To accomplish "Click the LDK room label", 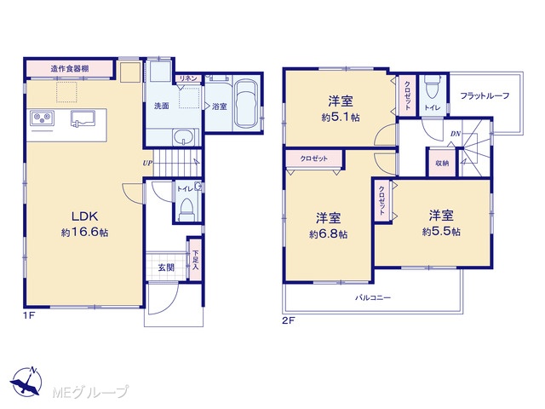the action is point(85,216).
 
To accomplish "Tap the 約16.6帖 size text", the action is point(85,233).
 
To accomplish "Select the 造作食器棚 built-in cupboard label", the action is point(70,69).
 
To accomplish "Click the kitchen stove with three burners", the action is point(42,118).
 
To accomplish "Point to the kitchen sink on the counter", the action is point(83,118).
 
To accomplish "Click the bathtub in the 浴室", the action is point(246,104).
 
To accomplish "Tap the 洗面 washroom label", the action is point(162,106).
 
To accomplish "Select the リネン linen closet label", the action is point(188,78).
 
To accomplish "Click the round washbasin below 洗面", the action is point(181,137).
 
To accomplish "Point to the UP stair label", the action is point(147,163).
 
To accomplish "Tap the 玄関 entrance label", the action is point(166,268).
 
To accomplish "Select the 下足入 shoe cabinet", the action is point(195,260).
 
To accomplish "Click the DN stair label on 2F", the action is point(456,134).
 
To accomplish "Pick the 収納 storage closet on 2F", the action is point(442,163).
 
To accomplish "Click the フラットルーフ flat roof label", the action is point(485,95).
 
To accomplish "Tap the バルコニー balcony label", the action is point(373,297).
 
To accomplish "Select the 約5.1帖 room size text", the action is point(341,118).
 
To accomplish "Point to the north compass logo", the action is point(26,381).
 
